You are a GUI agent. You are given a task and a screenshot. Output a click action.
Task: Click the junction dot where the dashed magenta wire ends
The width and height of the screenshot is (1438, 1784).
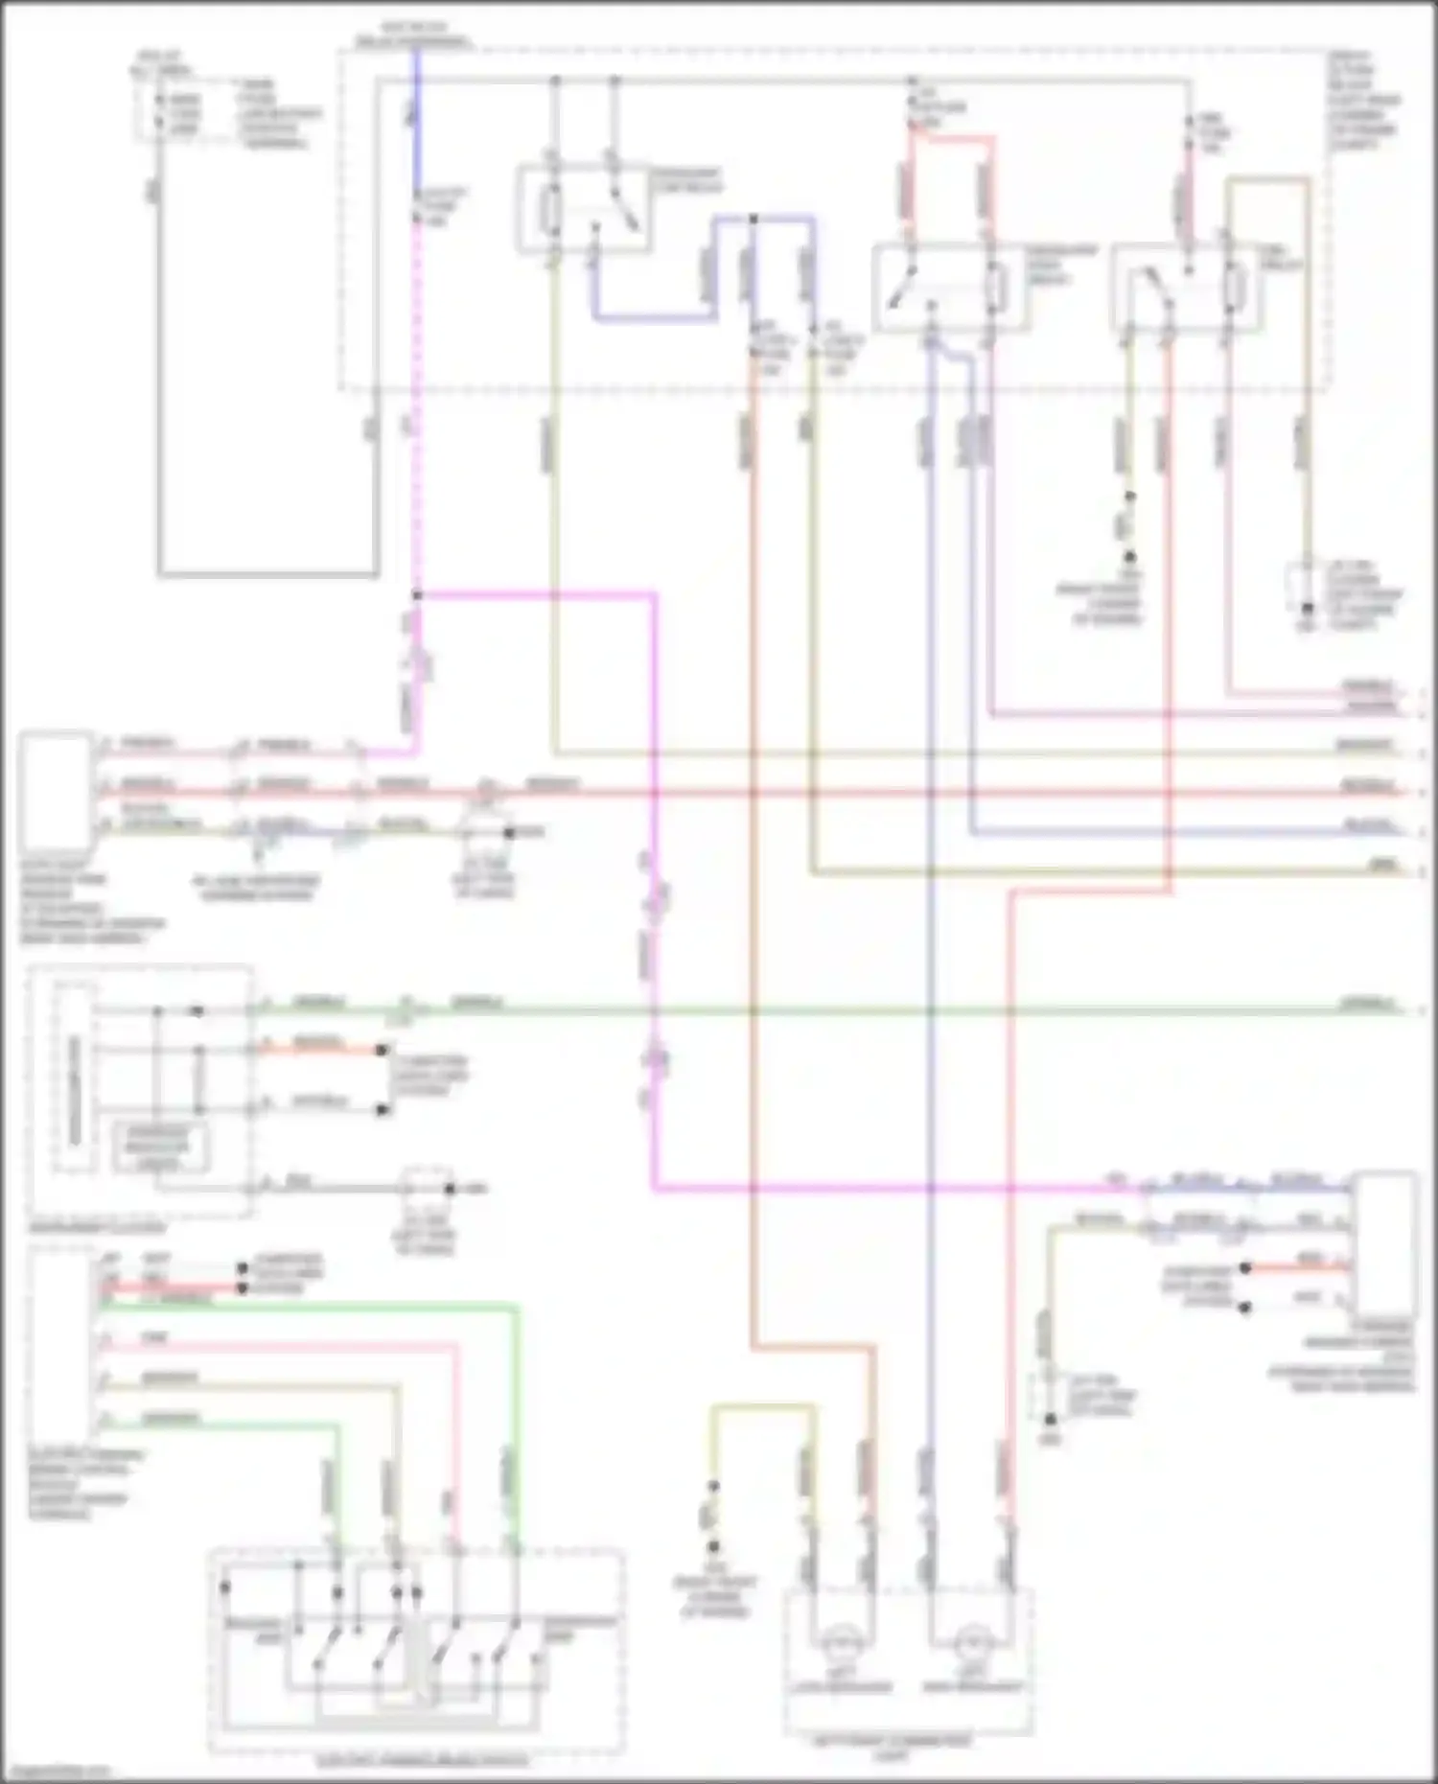point(416,595)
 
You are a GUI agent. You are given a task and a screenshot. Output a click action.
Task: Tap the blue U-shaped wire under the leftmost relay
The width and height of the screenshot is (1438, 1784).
point(652,316)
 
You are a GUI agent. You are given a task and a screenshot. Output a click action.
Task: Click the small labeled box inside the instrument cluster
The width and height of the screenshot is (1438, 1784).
point(160,1147)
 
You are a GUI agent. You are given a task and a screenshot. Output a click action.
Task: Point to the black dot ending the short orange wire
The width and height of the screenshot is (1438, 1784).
point(382,1050)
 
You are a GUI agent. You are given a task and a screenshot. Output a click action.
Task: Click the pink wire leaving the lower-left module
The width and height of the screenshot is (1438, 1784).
point(288,1345)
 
